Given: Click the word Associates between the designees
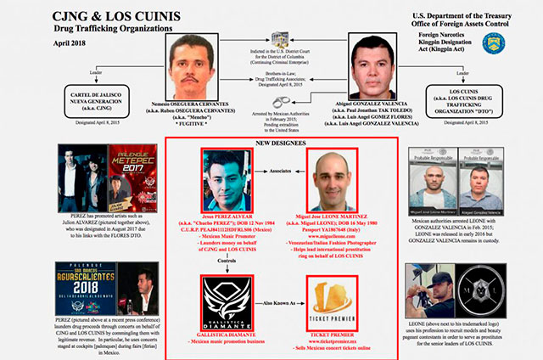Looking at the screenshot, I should (x=277, y=182).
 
